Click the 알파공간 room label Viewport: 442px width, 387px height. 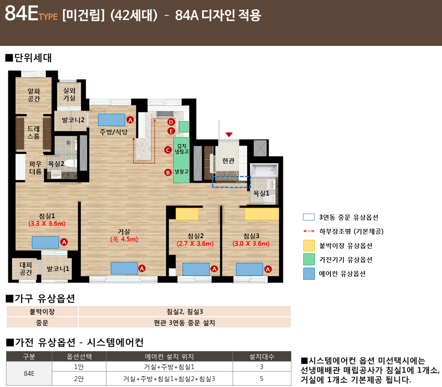click(x=34, y=95)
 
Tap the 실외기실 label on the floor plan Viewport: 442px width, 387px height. click(x=69, y=94)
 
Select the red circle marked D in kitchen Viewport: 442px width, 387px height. click(x=171, y=122)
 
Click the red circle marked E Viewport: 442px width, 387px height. click(x=171, y=131)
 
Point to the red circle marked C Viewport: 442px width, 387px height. click(x=168, y=150)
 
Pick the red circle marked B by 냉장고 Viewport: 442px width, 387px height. click(x=168, y=172)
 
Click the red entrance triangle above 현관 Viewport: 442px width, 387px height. click(x=229, y=134)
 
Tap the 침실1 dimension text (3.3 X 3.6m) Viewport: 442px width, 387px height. click(x=47, y=224)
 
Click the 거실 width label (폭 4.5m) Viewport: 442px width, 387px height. click(x=124, y=239)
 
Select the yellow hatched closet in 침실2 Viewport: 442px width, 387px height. click(x=187, y=214)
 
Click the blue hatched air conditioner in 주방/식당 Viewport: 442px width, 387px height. click(x=111, y=120)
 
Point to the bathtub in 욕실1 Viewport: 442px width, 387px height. click(x=264, y=170)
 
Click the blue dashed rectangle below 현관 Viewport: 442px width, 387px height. click(x=231, y=182)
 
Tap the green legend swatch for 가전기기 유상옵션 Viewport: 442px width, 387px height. click(x=309, y=259)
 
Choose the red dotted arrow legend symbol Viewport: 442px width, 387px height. click(x=309, y=231)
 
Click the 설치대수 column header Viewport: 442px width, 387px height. click(x=262, y=357)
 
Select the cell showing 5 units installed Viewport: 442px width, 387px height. click(x=261, y=379)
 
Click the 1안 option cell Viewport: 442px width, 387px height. click(x=79, y=367)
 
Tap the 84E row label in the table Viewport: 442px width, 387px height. click(x=29, y=373)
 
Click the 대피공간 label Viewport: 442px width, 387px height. click(x=26, y=269)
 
